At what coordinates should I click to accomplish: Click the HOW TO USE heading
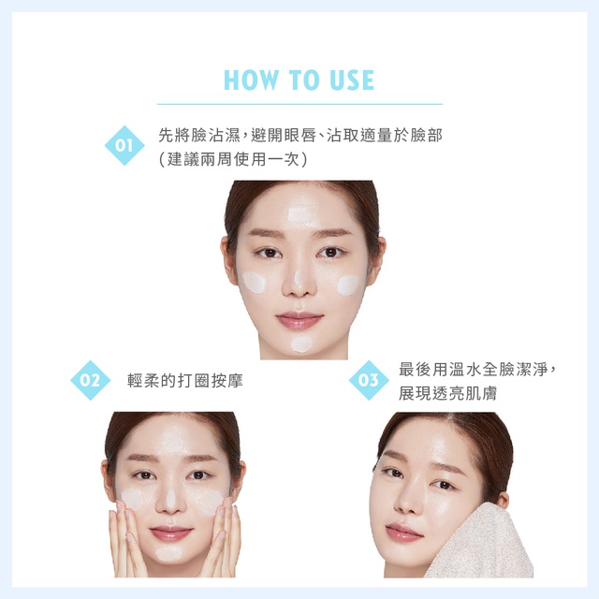[x=299, y=80]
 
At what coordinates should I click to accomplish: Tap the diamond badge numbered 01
[x=124, y=146]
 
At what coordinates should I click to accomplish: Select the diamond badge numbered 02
[x=90, y=380]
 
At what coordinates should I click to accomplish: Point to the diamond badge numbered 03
[x=369, y=380]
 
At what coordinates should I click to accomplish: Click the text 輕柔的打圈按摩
[x=185, y=381]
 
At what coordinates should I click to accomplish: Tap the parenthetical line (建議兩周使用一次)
[x=233, y=159]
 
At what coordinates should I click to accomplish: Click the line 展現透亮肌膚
[x=447, y=393]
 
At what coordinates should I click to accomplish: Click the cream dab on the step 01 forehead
[x=301, y=214]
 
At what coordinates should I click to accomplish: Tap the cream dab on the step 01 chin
[x=301, y=344]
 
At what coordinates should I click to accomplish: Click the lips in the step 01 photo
[x=299, y=320]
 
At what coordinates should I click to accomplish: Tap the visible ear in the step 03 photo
[x=502, y=500]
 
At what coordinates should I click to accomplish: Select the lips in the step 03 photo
[x=403, y=533]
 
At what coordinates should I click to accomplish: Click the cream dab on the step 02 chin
[x=169, y=553]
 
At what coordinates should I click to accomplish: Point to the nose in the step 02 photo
[x=170, y=502]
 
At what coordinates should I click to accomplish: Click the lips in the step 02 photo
[x=171, y=533]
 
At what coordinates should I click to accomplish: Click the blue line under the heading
[x=299, y=104]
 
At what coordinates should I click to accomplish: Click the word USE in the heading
[x=352, y=80]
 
